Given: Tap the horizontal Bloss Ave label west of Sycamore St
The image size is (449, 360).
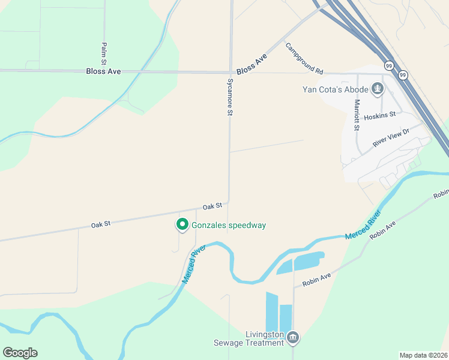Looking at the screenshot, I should tap(104, 71).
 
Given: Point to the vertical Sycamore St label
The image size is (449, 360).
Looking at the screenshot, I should tap(229, 96).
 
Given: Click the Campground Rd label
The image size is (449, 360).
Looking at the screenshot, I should tap(304, 58).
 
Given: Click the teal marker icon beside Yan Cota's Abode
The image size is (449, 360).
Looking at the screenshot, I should tap(378, 90).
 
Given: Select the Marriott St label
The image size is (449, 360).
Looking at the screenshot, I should tap(356, 115).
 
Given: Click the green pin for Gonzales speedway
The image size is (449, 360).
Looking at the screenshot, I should tap(182, 224).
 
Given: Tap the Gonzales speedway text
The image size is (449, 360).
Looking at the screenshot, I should tap(229, 226).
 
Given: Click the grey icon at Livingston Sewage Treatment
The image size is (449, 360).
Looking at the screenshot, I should tap(293, 338).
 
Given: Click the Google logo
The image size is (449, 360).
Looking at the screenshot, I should tap(20, 353).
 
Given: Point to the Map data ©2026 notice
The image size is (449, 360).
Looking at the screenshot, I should tap(423, 355).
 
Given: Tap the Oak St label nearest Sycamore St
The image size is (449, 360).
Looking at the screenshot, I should tap(212, 206).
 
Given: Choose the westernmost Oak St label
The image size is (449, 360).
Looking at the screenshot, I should tap(101, 224).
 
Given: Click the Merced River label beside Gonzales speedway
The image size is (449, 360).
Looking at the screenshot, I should tap(193, 265).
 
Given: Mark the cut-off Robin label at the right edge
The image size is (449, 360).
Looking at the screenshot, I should tap(441, 194).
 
